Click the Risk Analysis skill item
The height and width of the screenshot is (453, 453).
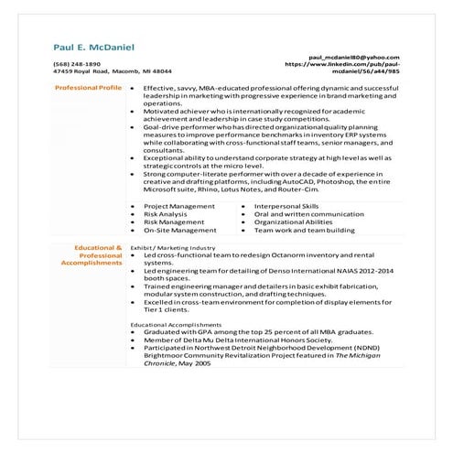166,214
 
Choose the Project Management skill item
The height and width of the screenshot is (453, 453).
179,206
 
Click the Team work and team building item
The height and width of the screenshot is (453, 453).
302,231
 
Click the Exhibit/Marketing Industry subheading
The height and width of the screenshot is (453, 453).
173,247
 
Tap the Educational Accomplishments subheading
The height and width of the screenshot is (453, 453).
178,325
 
